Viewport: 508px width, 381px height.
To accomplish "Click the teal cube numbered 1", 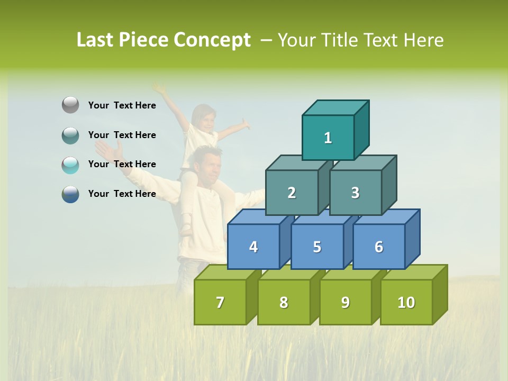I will (x=328, y=138).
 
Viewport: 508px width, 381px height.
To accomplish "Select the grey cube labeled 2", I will (x=292, y=193).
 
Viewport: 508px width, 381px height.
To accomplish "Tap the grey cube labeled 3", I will (x=355, y=193).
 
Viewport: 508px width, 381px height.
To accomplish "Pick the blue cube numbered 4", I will (x=253, y=247).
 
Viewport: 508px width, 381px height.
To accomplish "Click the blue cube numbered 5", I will (x=317, y=247).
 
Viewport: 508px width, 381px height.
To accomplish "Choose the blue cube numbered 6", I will (x=379, y=247).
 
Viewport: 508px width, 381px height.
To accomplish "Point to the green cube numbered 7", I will (x=220, y=302).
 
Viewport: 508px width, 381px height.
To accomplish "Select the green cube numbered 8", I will (x=284, y=302).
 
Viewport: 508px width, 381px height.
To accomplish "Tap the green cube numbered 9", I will (x=346, y=302).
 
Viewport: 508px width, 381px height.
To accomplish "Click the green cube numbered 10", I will (x=406, y=302).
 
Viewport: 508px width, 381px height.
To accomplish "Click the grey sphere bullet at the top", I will (x=70, y=105).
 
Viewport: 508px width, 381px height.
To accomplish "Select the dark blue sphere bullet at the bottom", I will (x=70, y=194).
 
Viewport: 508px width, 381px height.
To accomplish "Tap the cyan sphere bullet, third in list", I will (x=70, y=165).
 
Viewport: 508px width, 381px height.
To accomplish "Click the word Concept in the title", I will (x=212, y=40).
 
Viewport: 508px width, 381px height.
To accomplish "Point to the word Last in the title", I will (x=95, y=40).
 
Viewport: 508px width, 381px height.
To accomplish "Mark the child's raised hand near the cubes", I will (x=244, y=125).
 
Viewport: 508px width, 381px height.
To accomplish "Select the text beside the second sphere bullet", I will (x=122, y=135).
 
